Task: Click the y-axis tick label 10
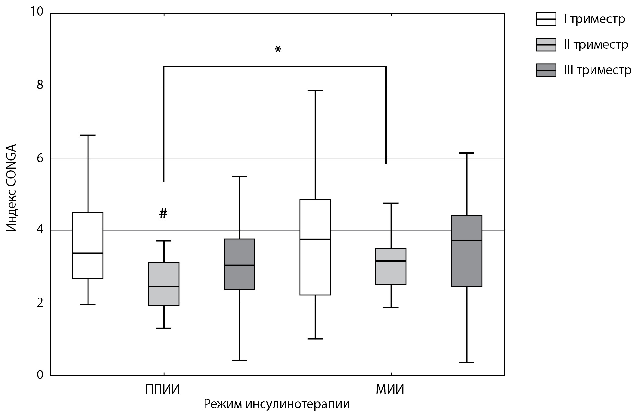point(37,12)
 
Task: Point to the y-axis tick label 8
point(40,85)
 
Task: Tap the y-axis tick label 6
point(40,158)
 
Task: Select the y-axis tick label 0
point(40,375)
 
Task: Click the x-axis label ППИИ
point(162,389)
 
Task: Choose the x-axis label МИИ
point(390,389)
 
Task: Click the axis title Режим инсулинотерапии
point(276,404)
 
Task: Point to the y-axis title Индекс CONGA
point(11,188)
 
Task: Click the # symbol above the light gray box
point(163,213)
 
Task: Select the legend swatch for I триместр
point(546,19)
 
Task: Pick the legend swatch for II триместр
point(546,44)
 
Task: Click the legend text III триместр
point(597,70)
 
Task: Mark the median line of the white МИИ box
point(315,239)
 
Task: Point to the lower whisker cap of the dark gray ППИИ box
point(239,360)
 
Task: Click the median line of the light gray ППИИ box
point(164,287)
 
